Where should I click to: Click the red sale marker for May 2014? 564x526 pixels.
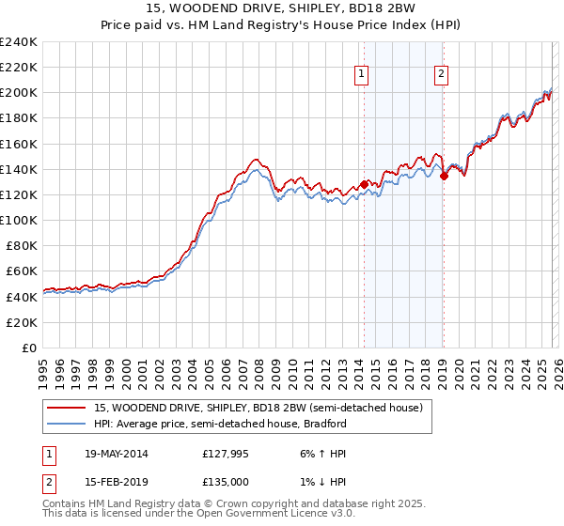click(x=364, y=184)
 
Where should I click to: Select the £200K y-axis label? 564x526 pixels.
click(x=19, y=93)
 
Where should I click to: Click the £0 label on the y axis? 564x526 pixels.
click(x=28, y=348)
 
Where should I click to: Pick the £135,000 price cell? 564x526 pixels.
click(x=226, y=484)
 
